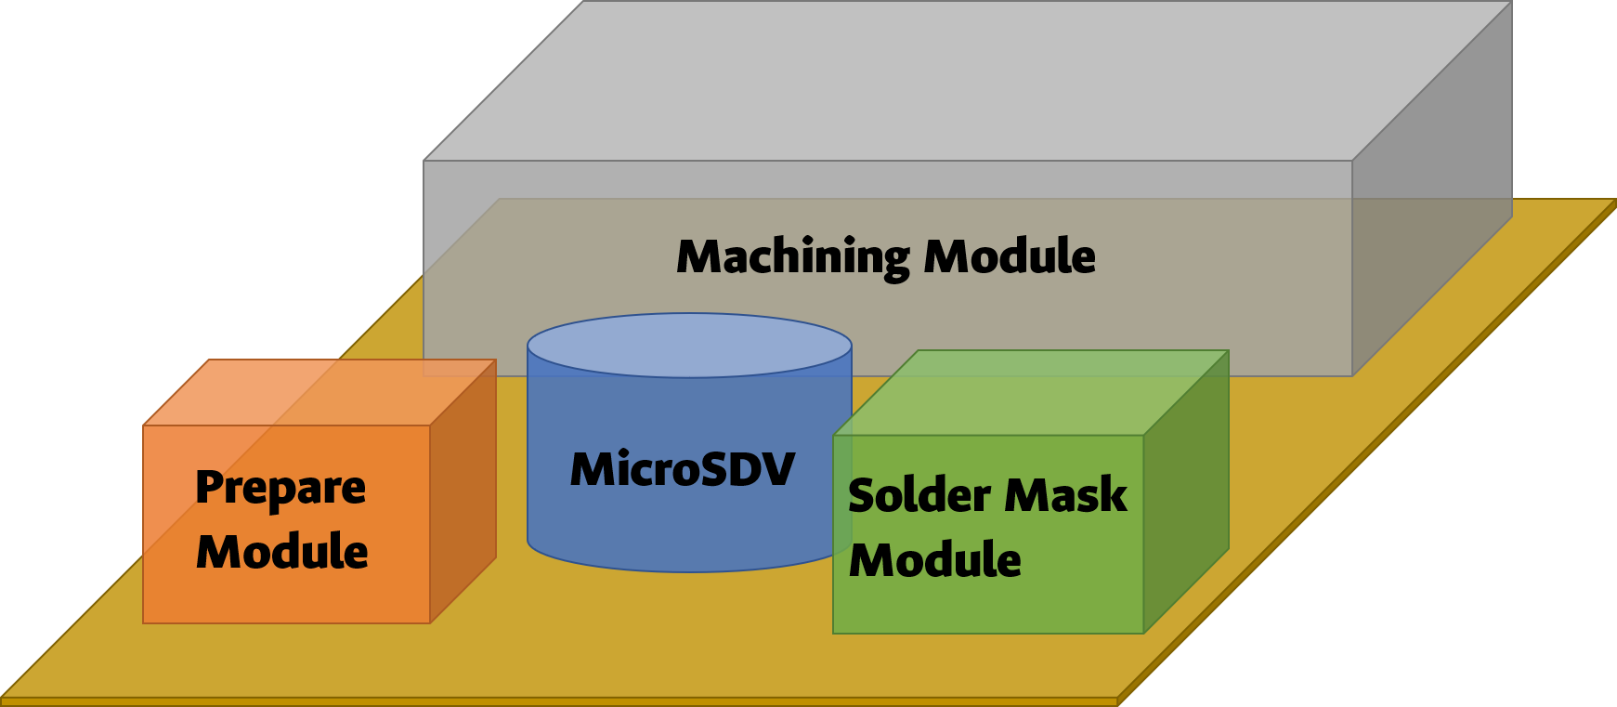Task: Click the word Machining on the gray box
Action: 792,257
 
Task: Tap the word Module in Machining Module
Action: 1010,256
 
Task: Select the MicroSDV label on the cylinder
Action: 683,469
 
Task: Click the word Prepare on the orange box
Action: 280,488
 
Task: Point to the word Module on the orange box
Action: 282,552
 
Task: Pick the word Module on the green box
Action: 935,560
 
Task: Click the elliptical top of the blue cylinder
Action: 689,346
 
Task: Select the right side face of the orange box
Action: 463,492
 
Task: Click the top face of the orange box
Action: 320,392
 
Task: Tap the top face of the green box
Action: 1031,392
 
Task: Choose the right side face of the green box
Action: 1186,492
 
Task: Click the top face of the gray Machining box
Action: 966,79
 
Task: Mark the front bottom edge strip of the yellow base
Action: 557,701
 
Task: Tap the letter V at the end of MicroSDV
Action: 776,469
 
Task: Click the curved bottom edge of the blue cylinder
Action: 689,568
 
